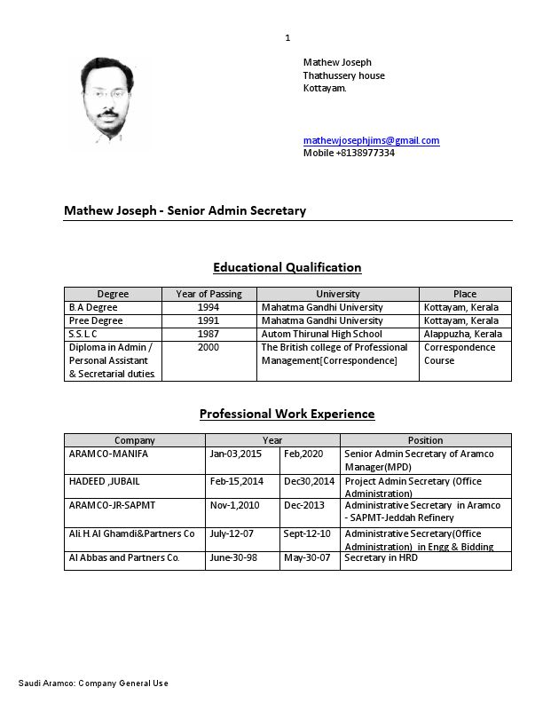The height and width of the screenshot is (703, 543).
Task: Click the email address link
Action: (x=371, y=140)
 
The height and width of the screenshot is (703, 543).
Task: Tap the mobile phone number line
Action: (x=349, y=153)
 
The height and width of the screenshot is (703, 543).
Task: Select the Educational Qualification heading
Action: (x=287, y=267)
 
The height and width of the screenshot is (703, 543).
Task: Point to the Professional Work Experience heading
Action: (x=287, y=414)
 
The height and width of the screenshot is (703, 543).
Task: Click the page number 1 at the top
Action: (x=287, y=37)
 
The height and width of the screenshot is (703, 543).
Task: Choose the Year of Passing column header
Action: (x=209, y=294)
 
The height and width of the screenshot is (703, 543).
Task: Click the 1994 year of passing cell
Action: (x=209, y=307)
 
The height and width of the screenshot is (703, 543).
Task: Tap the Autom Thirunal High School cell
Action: (x=321, y=334)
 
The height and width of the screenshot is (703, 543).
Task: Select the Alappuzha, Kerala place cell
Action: (x=462, y=334)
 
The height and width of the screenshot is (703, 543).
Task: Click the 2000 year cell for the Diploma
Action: (x=209, y=347)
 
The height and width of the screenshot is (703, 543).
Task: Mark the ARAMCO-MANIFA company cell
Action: (x=108, y=454)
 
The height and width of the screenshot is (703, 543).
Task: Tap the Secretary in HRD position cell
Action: (x=381, y=557)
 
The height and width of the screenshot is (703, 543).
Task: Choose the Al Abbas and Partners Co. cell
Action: (x=124, y=557)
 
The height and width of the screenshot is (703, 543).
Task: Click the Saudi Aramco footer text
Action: (x=93, y=683)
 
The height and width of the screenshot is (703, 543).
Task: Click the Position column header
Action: (x=425, y=440)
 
